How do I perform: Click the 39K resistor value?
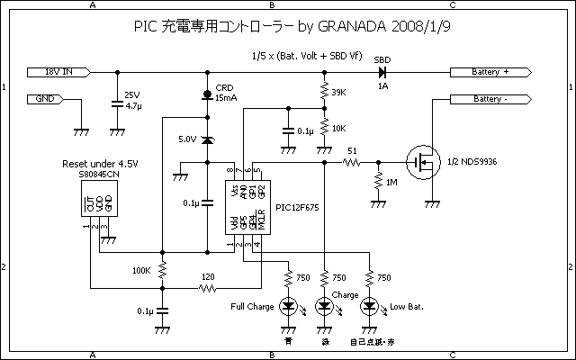point(339,93)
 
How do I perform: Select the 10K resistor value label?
point(339,129)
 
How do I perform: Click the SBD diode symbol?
point(382,70)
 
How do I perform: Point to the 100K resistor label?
point(141,270)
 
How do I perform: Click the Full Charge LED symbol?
point(289,307)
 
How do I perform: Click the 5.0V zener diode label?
point(187,139)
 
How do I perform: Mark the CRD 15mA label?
point(225,93)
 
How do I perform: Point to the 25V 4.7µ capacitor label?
point(132,99)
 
